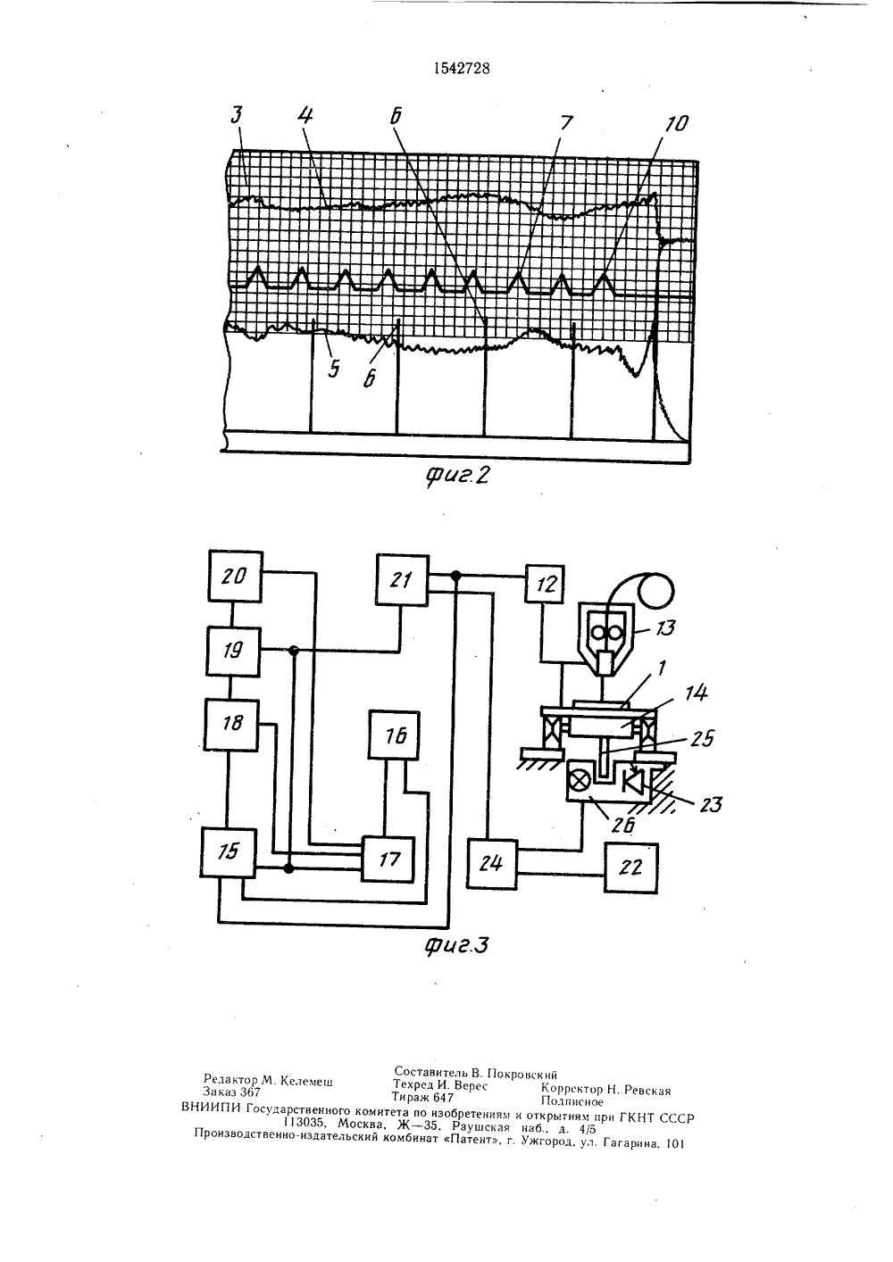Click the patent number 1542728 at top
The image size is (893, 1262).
[x=462, y=69]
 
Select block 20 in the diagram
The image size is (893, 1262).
[x=235, y=576]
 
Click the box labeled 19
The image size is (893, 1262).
[x=233, y=652]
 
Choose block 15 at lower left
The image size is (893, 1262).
[x=227, y=852]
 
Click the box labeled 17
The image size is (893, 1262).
[x=388, y=859]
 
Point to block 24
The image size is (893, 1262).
[x=492, y=864]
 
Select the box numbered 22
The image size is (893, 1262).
[x=630, y=868]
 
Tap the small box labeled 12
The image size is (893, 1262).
[x=545, y=584]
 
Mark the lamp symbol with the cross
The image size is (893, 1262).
[x=583, y=779]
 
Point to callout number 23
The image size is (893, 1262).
[x=709, y=804]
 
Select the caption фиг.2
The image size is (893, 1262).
[x=456, y=477]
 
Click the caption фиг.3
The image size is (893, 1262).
[x=456, y=946]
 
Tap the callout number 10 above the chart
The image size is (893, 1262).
[x=677, y=123]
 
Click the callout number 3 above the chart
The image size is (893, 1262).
[x=237, y=115]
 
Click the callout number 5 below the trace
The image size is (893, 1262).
[x=334, y=369]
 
